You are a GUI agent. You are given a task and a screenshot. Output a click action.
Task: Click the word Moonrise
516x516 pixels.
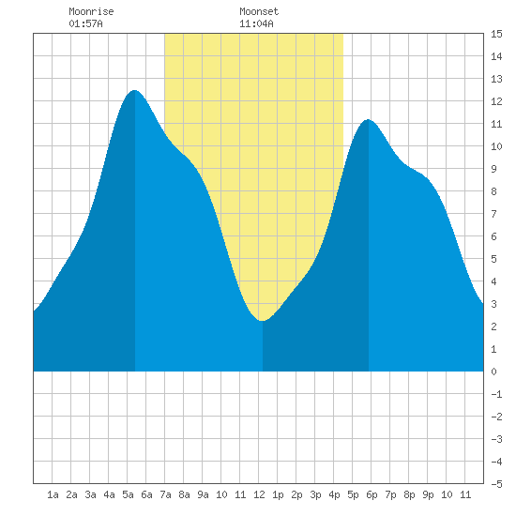tap(91, 11)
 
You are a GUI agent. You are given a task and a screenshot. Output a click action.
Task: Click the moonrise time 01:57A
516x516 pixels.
tap(85, 23)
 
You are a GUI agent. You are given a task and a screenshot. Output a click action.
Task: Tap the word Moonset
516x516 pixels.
tap(259, 11)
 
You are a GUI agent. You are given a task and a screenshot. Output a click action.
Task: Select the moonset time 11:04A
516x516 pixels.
tap(256, 23)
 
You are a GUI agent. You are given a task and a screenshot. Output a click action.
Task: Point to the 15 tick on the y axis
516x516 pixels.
tap(496, 34)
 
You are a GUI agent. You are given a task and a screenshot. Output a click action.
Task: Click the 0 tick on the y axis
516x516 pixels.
tap(493, 372)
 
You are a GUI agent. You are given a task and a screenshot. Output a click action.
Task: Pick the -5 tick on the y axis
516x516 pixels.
tap(496, 484)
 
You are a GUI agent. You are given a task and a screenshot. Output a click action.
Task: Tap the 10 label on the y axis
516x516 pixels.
tap(496, 146)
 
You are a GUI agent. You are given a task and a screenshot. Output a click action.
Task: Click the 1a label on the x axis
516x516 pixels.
tap(53, 494)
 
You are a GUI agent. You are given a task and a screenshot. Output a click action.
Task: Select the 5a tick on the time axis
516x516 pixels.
tap(128, 494)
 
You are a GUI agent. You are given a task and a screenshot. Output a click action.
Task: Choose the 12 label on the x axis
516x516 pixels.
tap(259, 494)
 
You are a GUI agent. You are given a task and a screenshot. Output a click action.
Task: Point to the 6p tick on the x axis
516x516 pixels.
tap(372, 494)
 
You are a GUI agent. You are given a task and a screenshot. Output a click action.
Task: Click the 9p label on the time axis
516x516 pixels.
tap(428, 494)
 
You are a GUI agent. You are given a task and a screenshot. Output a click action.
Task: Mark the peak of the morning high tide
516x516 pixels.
tap(134, 90)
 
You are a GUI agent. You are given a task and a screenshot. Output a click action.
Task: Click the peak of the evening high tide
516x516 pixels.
tap(369, 119)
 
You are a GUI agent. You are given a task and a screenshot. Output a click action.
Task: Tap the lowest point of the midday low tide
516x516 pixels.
tap(262, 320)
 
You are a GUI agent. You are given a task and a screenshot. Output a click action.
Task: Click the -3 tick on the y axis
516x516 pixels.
tap(496, 439)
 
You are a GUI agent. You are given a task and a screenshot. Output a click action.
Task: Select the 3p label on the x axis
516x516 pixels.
tap(315, 494)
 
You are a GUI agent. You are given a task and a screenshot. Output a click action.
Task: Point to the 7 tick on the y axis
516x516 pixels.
tap(493, 214)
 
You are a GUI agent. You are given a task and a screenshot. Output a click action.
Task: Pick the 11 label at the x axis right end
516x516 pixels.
tap(465, 494)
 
